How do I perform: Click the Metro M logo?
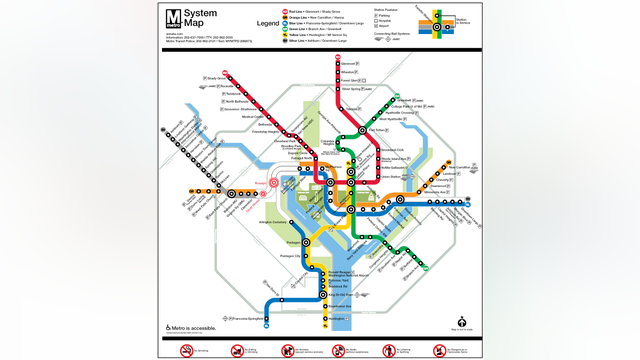coord(175,20)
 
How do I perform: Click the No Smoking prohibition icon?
coord(186,350)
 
